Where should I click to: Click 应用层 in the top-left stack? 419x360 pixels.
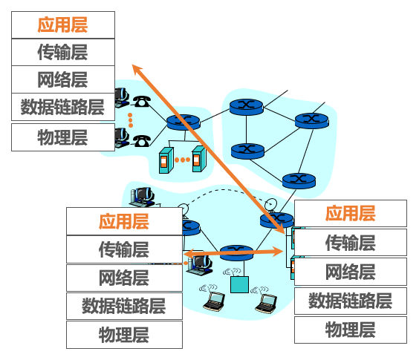(63, 24)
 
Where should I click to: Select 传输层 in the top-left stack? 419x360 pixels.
(63, 51)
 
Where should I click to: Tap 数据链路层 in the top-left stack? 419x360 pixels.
(63, 106)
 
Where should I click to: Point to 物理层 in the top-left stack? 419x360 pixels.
(63, 137)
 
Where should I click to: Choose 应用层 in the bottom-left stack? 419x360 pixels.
(124, 220)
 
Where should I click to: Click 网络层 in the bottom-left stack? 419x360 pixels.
(124, 278)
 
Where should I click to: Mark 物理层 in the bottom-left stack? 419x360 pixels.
(124, 334)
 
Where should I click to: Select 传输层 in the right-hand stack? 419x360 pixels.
(351, 242)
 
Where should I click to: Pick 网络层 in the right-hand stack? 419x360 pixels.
(351, 271)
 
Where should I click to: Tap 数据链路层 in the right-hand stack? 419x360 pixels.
(351, 300)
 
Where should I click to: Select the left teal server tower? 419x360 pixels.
(164, 159)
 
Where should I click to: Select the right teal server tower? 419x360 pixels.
(197, 159)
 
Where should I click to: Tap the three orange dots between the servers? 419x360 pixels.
(181, 160)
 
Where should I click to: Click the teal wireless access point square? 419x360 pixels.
(237, 284)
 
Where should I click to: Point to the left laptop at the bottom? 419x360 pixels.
(214, 301)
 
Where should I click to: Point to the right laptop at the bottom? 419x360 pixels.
(264, 301)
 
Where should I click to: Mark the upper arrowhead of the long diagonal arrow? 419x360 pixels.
(135, 68)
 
